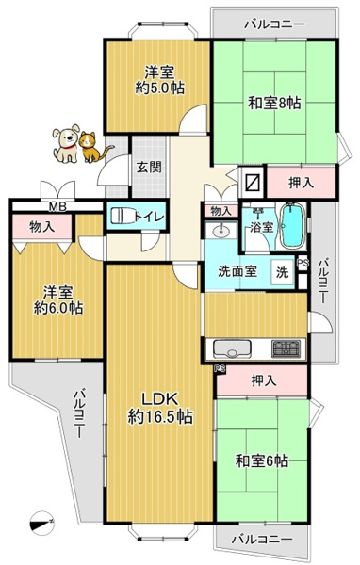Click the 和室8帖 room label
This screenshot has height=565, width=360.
click(274, 104)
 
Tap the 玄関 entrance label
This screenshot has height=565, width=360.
click(149, 168)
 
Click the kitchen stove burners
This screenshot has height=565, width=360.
click(286, 348)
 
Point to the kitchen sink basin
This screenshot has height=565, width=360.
click(230, 348)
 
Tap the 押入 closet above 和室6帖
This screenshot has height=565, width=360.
click(264, 381)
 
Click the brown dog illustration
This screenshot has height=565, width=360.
click(67, 142)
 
